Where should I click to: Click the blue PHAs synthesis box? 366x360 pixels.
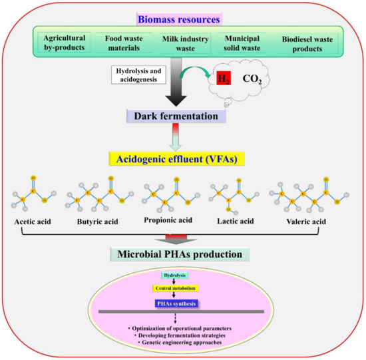182,303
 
